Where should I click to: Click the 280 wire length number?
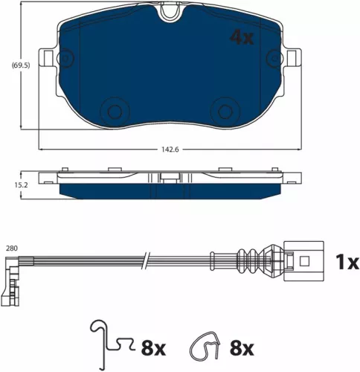(11, 248)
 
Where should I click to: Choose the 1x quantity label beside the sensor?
(346, 262)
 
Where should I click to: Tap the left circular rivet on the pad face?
(115, 111)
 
